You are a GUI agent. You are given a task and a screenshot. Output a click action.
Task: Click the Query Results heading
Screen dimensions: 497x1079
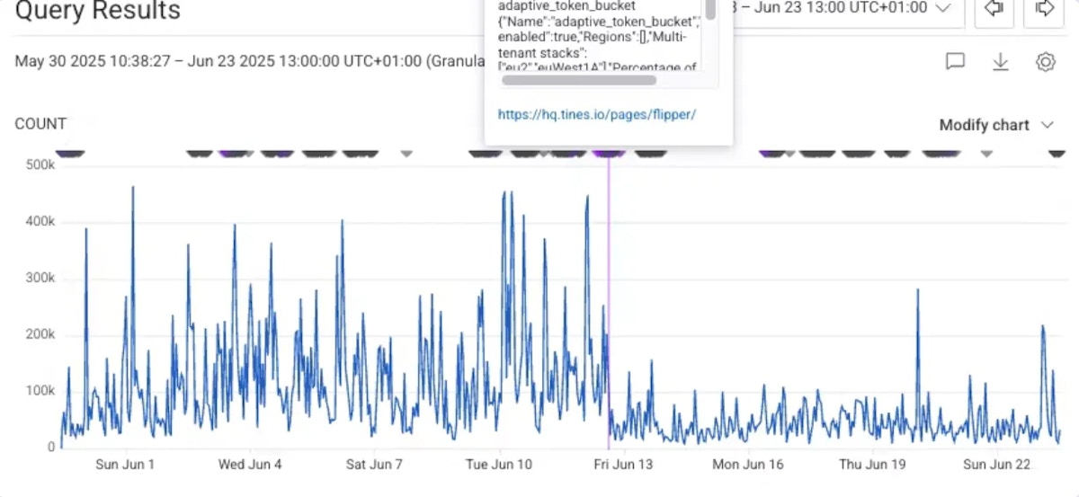pyautogui.click(x=98, y=11)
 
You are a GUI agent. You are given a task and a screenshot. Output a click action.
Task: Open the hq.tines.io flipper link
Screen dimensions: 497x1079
pyautogui.click(x=597, y=114)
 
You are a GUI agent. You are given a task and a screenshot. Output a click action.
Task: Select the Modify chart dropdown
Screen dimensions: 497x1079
pyautogui.click(x=995, y=125)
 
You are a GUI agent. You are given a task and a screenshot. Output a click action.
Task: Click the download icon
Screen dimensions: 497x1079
pyautogui.click(x=1000, y=61)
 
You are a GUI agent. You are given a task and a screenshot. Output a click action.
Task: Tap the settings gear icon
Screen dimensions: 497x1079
pyautogui.click(x=1045, y=61)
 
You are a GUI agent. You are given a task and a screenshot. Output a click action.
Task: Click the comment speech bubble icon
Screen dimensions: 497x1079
pyautogui.click(x=955, y=61)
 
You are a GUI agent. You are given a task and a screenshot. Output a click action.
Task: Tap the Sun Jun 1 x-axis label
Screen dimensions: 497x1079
pyautogui.click(x=125, y=465)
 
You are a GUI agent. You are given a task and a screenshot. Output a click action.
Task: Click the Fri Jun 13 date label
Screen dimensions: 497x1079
pyautogui.click(x=622, y=465)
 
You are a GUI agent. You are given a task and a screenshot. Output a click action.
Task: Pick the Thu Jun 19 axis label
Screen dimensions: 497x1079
pyautogui.click(x=871, y=465)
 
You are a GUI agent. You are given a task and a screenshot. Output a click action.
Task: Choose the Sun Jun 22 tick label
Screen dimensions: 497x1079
pyautogui.click(x=996, y=465)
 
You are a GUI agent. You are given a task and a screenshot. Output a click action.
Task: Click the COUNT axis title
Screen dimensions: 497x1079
pyautogui.click(x=40, y=124)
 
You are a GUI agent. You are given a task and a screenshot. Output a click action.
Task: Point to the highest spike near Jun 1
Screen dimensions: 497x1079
pyautogui.click(x=133, y=188)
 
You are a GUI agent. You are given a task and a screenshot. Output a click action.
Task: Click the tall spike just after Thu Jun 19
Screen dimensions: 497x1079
pyautogui.click(x=918, y=290)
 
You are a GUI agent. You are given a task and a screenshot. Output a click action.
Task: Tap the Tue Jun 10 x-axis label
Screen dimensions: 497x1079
pyautogui.click(x=500, y=465)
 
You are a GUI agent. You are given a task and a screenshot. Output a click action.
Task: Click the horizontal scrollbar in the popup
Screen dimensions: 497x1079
pyautogui.click(x=579, y=80)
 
